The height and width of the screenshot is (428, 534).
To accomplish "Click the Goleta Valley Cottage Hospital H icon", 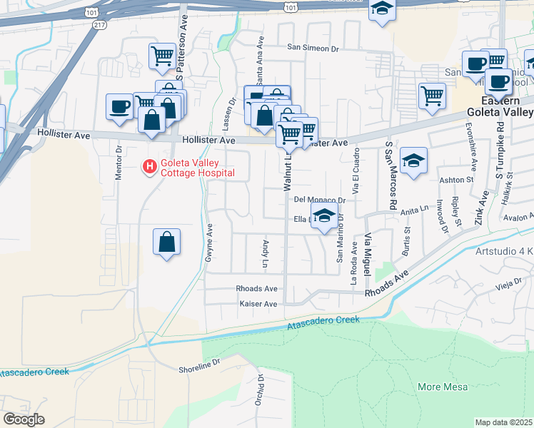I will tap(149, 167).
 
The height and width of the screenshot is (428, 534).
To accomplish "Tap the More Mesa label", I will tap(443, 387).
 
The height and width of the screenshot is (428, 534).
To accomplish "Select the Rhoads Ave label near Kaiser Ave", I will tap(256, 289).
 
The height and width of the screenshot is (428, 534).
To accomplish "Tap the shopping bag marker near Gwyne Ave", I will tap(166, 241).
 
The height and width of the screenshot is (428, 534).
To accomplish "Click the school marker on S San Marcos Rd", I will tap(413, 160).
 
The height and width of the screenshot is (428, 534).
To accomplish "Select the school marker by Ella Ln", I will tap(324, 215).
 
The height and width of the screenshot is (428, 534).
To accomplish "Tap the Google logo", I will tap(24, 419).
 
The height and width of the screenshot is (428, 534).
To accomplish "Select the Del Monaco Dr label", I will tap(319, 200).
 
